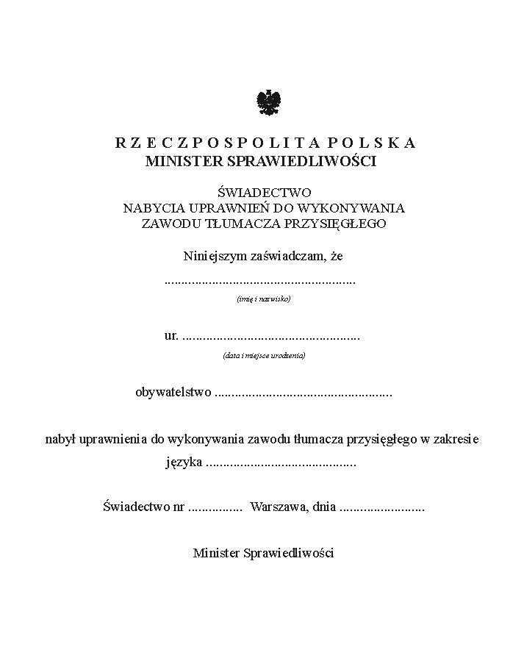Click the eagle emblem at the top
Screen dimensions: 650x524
(269, 103)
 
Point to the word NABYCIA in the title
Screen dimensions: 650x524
(148, 208)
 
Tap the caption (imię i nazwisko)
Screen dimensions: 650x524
(264, 299)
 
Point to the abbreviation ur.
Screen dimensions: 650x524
(171, 336)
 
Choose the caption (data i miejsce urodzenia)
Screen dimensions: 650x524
(264, 356)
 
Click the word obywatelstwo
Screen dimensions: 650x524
(173, 393)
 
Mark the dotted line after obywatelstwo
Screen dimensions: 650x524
(304, 394)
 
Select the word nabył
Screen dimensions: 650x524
(59, 440)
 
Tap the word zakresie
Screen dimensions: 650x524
(456, 440)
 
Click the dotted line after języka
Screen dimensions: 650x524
(281, 465)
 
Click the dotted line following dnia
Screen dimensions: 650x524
(383, 508)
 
